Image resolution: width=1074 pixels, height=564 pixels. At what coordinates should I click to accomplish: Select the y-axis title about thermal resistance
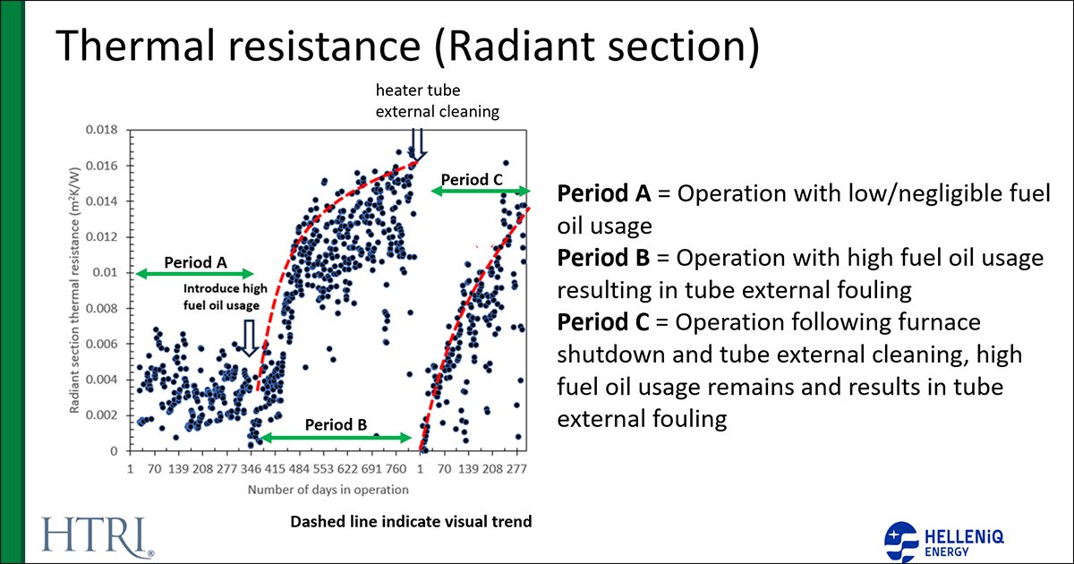pyautogui.click(x=77, y=286)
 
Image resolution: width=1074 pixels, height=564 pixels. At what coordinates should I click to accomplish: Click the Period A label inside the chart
pyautogui.click(x=195, y=263)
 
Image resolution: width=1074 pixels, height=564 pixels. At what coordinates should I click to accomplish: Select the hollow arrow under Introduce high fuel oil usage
pyautogui.click(x=250, y=340)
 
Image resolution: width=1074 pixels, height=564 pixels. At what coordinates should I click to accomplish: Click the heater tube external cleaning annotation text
pyautogui.click(x=437, y=101)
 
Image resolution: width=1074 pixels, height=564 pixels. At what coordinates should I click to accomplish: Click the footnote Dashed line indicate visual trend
pyautogui.click(x=412, y=522)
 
